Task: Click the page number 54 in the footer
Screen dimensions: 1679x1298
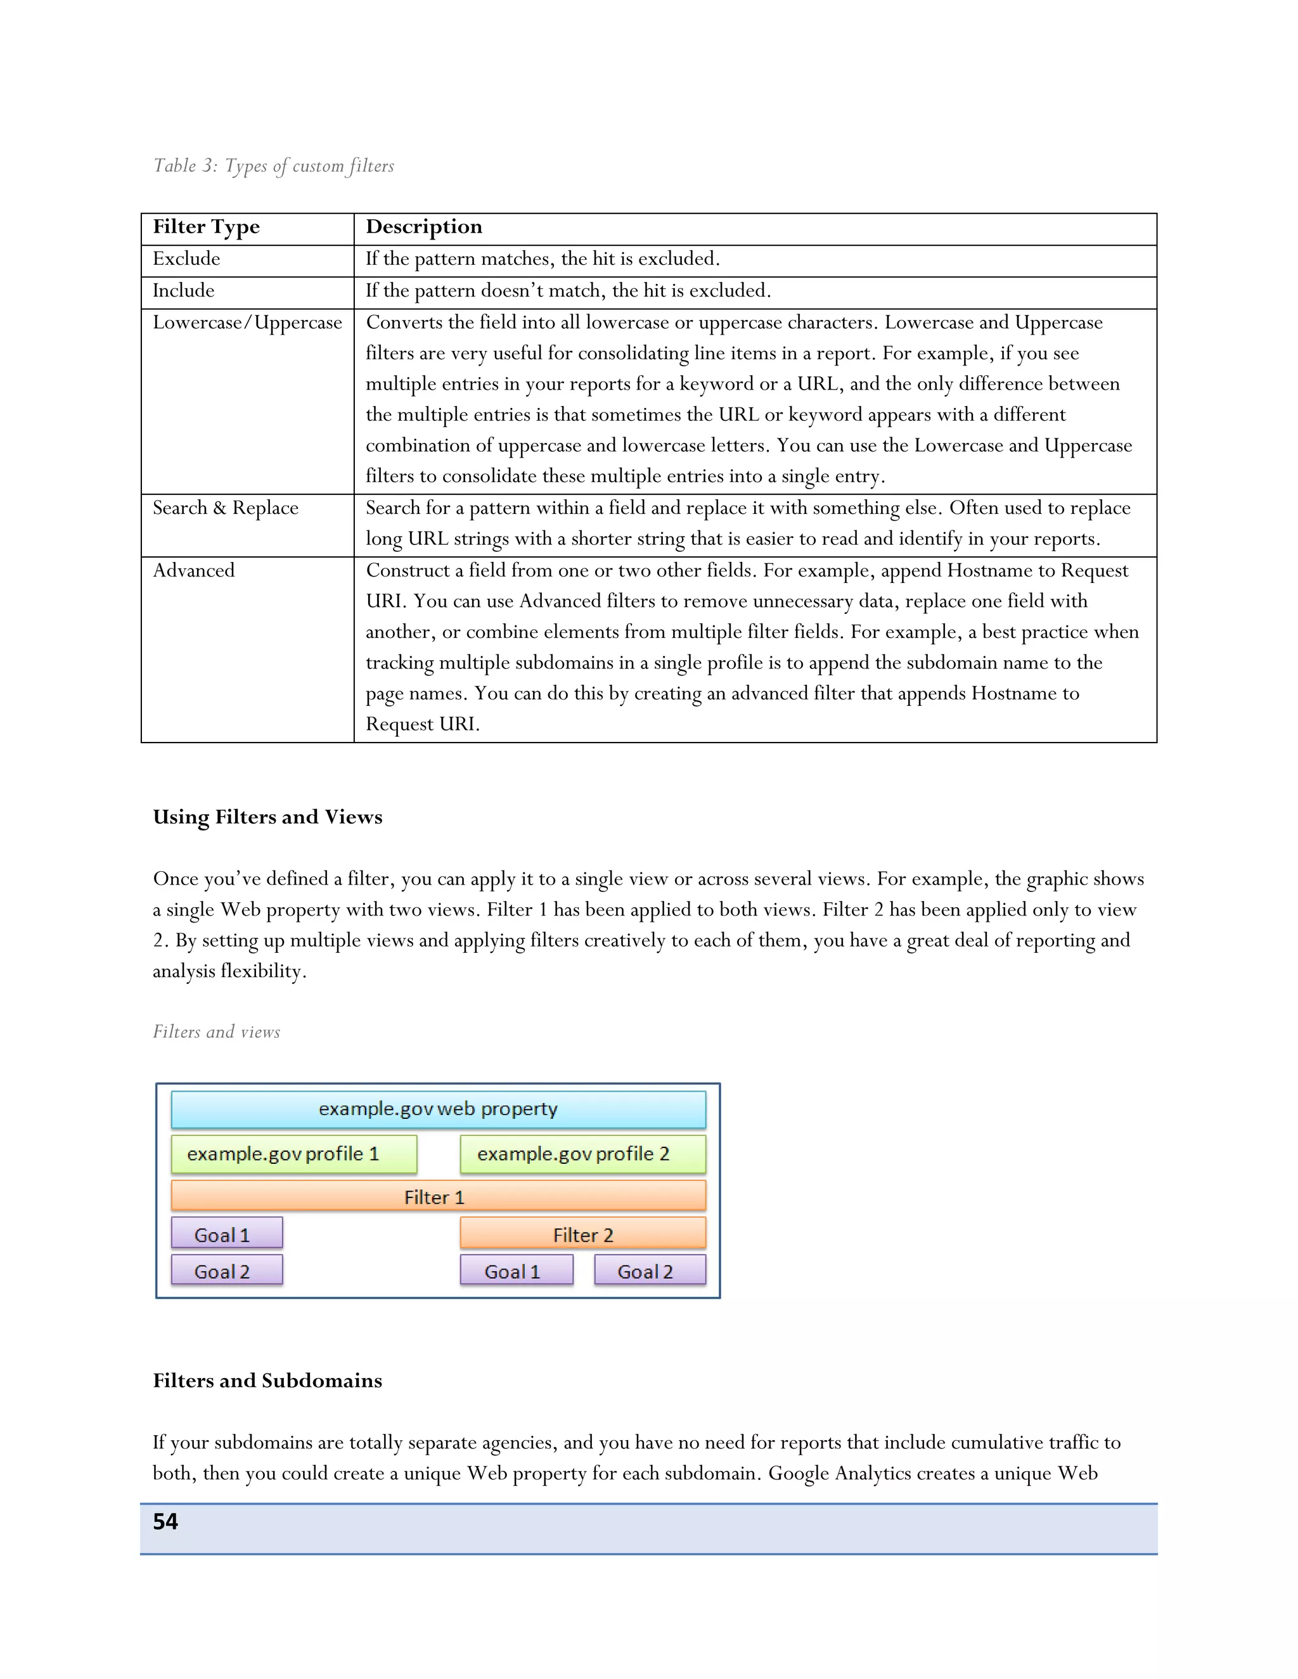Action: (165, 1521)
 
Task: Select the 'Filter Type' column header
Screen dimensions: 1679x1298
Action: (206, 227)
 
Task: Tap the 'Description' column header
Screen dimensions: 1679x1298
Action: (424, 227)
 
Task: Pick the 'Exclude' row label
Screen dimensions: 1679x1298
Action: (186, 259)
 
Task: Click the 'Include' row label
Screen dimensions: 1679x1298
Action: (183, 291)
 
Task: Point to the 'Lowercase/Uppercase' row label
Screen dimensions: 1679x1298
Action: (247, 322)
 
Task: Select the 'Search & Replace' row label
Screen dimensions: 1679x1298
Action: (225, 508)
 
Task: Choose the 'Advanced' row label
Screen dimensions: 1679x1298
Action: (194, 570)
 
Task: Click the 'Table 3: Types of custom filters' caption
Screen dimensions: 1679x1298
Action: (273, 166)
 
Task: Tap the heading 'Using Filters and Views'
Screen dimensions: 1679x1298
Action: (267, 817)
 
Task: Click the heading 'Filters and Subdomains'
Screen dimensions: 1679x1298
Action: (267, 1380)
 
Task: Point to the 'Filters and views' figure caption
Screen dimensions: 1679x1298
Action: (216, 1031)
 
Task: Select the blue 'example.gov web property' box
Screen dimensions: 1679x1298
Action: (439, 1109)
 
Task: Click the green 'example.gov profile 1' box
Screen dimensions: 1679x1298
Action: (293, 1154)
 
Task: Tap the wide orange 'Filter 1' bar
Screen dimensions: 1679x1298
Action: (439, 1196)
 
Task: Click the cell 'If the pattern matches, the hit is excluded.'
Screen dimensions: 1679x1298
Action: (542, 259)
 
